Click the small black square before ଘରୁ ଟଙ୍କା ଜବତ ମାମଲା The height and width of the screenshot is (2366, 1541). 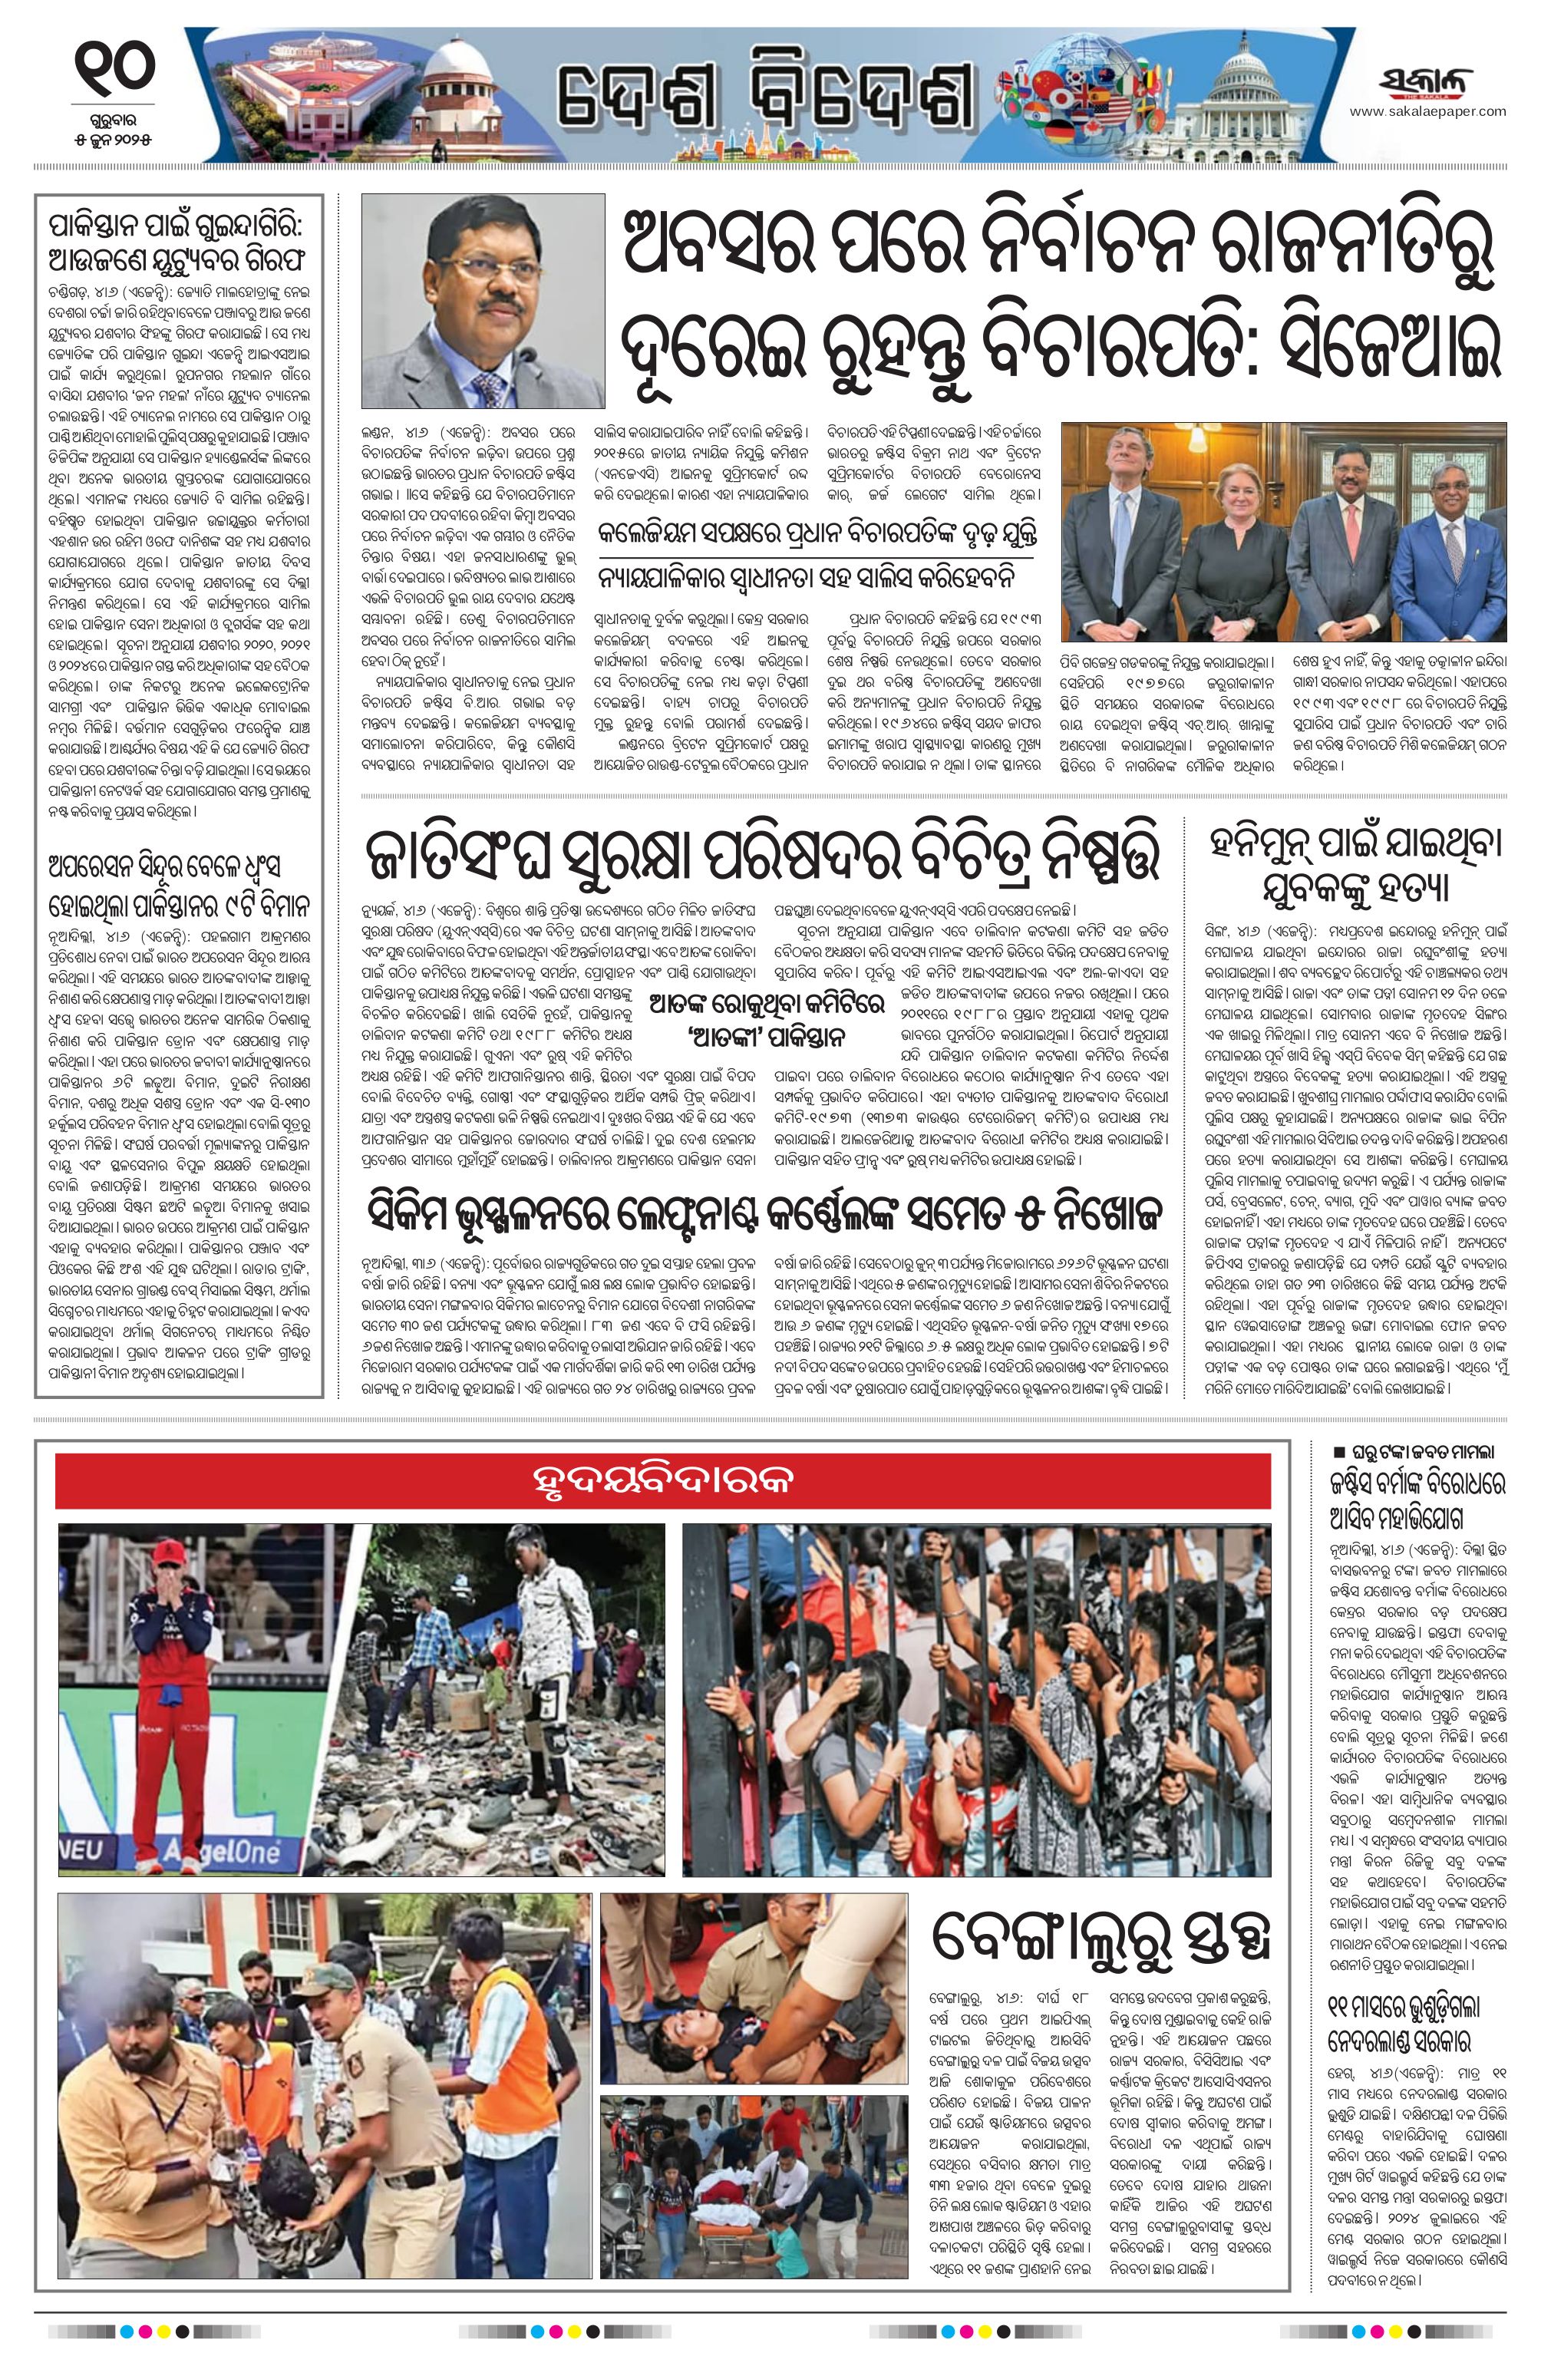[x=1338, y=1451]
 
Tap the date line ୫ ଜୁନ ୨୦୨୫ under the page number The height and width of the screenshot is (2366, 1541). [x=114, y=134]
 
